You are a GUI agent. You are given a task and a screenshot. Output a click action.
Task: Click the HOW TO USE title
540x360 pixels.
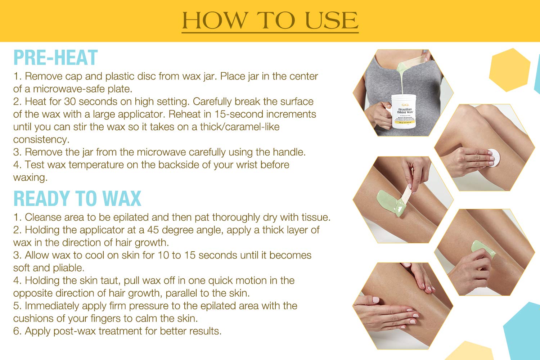pyautogui.click(x=270, y=21)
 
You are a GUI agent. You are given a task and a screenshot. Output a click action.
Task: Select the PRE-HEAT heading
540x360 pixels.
pyautogui.click(x=55, y=58)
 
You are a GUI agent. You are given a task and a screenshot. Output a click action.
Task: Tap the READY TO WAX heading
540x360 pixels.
pyautogui.click(x=77, y=199)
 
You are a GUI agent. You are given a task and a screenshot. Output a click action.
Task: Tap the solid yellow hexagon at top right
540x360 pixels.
pyautogui.click(x=509, y=70)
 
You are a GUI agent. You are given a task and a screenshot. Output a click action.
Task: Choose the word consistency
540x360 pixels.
pyautogui.click(x=41, y=140)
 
